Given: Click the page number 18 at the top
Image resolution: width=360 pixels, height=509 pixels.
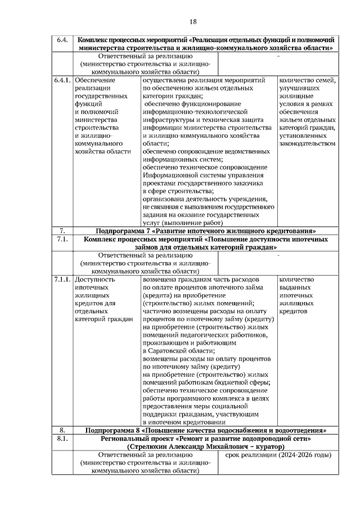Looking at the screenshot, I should coord(193,21).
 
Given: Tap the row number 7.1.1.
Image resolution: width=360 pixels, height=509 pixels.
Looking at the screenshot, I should coord(62,279).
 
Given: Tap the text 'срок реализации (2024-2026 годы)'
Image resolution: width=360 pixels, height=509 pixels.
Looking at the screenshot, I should coord(278,454).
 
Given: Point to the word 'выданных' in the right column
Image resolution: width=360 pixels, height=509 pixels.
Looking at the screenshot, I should coord(294,287).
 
